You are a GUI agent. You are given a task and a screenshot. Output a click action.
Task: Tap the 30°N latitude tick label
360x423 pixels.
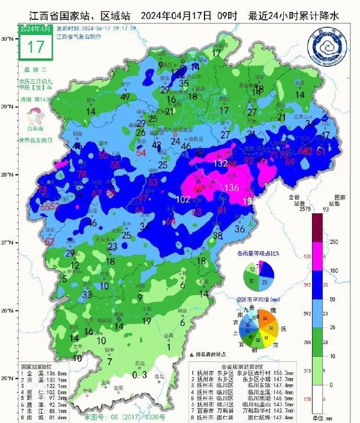7,39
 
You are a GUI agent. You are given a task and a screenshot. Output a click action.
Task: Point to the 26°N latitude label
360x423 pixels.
7,311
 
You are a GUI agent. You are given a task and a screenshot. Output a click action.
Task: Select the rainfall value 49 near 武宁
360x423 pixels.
125,97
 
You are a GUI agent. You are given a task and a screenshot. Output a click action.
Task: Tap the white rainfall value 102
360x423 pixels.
183,199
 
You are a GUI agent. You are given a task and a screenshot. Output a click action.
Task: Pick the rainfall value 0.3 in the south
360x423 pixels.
139,374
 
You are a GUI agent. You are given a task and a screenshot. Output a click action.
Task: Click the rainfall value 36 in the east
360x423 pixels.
240,229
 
